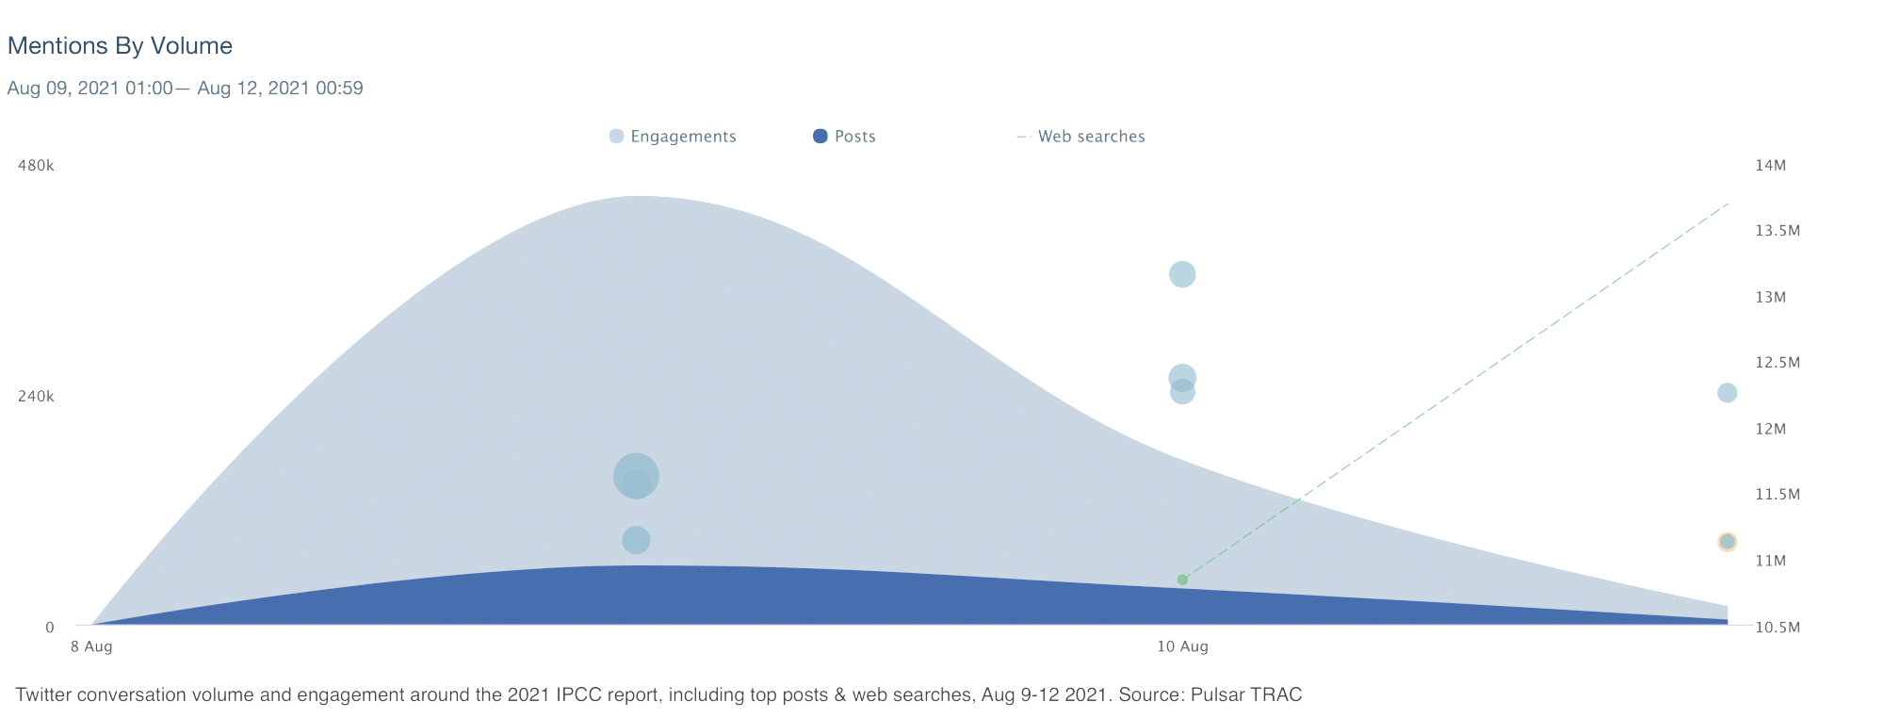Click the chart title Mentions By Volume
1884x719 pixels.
point(120,45)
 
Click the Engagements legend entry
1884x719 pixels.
point(673,137)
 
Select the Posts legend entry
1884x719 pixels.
point(844,137)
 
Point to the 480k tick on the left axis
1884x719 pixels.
point(36,166)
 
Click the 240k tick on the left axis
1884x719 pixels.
point(36,397)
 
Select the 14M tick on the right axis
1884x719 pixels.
point(1770,166)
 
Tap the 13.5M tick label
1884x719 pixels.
point(1778,231)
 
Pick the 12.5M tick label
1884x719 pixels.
point(1778,363)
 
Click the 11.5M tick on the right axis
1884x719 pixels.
point(1778,495)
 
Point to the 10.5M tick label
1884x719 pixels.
point(1778,628)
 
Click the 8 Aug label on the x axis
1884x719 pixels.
point(91,646)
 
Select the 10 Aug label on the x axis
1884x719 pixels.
point(1182,646)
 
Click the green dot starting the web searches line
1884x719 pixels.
point(1182,580)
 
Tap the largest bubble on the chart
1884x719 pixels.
point(636,476)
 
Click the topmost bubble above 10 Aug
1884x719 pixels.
point(1182,274)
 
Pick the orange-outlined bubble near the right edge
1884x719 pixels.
point(1727,542)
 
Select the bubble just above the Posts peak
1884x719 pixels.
point(636,540)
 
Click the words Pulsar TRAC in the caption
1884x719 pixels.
point(1245,695)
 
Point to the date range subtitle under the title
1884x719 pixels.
point(185,89)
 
